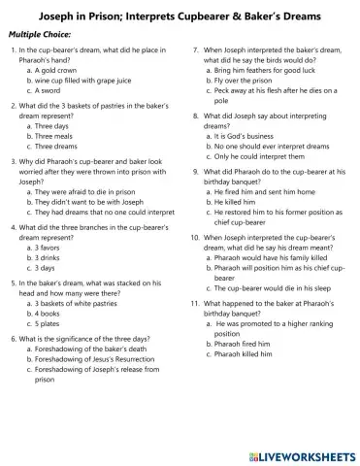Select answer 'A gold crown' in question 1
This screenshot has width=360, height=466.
click(59, 71)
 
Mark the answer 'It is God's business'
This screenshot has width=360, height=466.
click(243, 136)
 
